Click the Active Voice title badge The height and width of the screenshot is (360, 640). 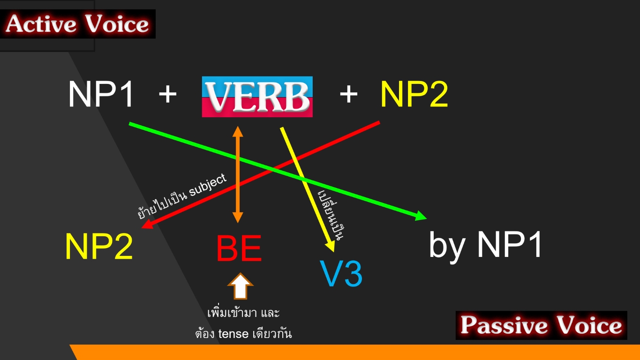click(78, 24)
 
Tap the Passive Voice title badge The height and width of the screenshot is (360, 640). click(541, 325)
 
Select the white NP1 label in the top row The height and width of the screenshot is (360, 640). click(101, 94)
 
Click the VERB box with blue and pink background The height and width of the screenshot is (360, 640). click(257, 97)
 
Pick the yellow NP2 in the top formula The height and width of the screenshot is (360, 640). click(414, 94)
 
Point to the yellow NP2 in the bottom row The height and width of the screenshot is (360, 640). click(99, 246)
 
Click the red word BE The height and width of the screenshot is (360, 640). click(239, 248)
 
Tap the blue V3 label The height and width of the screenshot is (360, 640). click(341, 273)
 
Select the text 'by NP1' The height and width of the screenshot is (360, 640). click(485, 245)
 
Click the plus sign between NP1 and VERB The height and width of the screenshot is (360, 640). click(168, 94)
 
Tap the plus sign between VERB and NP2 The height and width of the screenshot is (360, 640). click(348, 94)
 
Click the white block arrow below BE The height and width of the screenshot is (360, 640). click(240, 286)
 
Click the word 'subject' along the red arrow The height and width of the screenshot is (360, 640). click(208, 185)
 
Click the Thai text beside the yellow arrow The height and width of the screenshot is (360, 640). click(331, 215)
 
